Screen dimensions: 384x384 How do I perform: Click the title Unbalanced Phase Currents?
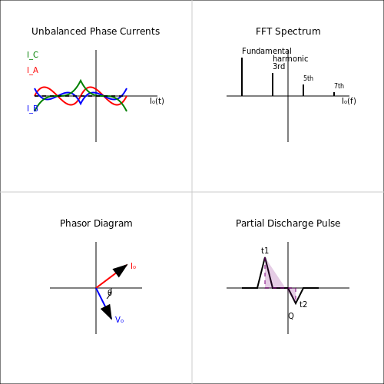[95, 31]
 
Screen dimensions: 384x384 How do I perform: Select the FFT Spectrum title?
[288, 31]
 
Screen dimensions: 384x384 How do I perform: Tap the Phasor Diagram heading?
[96, 223]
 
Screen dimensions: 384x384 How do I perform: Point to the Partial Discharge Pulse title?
[288, 223]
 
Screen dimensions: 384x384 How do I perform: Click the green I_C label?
[32, 55]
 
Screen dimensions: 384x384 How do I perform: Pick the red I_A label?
[32, 70]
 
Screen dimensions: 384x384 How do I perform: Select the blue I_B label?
[32, 108]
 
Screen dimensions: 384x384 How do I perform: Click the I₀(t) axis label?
[157, 101]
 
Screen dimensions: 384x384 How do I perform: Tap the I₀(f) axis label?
[349, 101]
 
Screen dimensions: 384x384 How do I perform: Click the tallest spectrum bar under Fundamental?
[242, 77]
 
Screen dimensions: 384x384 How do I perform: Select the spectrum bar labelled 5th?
[303, 90]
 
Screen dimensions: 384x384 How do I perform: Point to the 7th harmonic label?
[339, 86]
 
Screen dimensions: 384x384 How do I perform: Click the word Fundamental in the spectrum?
[266, 51]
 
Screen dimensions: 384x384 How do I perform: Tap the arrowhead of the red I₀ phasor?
[121, 270]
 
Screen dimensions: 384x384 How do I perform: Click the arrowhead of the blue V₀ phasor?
[108, 312]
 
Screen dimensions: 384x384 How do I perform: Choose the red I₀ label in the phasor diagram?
[133, 266]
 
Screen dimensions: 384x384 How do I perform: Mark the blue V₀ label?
[119, 319]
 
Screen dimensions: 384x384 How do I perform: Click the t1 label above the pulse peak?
[265, 250]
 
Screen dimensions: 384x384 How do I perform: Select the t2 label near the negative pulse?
[303, 304]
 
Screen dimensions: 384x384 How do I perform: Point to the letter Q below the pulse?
[291, 316]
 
